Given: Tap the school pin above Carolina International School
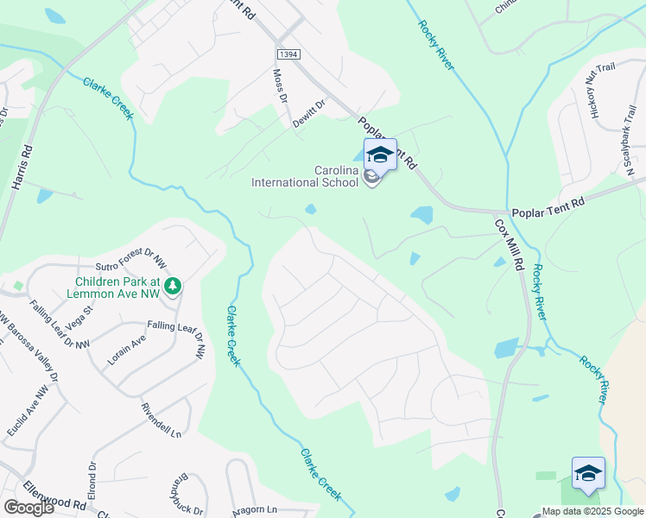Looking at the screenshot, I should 380,155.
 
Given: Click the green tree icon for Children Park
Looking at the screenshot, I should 173,285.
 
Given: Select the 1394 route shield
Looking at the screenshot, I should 289,54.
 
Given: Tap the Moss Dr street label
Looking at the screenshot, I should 279,87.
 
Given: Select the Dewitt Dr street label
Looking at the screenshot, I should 308,113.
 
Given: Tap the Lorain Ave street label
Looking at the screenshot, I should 126,351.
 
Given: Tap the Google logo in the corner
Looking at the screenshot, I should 28,507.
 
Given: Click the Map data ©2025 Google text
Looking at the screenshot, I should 592,511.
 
